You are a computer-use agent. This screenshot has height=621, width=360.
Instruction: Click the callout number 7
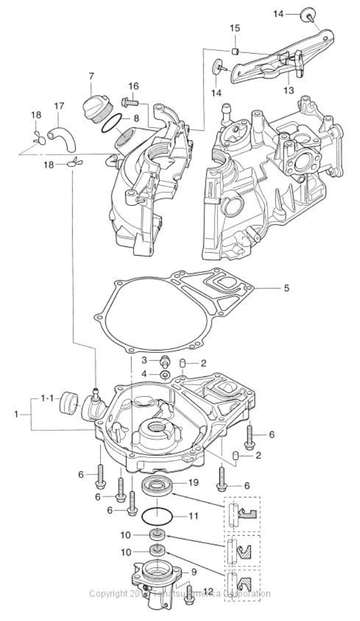click(x=91, y=76)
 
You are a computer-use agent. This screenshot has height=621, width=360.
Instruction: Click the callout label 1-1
click(x=47, y=399)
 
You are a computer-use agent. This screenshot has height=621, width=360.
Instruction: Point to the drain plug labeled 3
click(x=166, y=360)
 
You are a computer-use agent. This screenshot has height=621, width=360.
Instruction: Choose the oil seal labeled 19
click(x=156, y=486)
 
